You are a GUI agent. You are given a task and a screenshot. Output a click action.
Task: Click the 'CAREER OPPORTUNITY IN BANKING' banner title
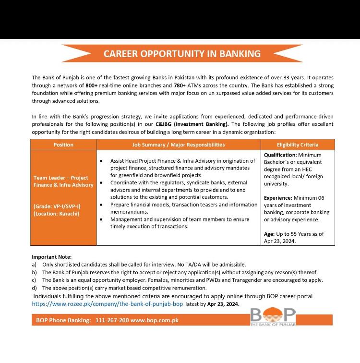(x=182, y=53)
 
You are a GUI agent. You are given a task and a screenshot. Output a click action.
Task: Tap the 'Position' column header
(x=63, y=145)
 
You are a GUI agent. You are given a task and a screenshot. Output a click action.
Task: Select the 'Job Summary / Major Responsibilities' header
(x=178, y=145)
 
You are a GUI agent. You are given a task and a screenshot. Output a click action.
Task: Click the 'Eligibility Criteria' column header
(x=298, y=145)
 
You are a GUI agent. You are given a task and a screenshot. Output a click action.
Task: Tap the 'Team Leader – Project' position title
(x=61, y=178)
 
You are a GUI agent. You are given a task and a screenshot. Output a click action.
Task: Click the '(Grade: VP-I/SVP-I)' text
(x=57, y=206)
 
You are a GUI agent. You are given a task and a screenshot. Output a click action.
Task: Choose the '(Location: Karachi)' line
(x=57, y=214)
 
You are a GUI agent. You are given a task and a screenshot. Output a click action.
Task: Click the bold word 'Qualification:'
(x=280, y=155)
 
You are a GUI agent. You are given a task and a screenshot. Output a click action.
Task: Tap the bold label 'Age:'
(x=269, y=234)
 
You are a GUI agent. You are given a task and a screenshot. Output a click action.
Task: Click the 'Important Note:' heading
(x=51, y=257)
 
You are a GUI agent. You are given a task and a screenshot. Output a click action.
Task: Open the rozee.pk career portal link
(x=108, y=304)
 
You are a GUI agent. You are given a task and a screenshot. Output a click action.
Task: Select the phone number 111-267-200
(x=112, y=320)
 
